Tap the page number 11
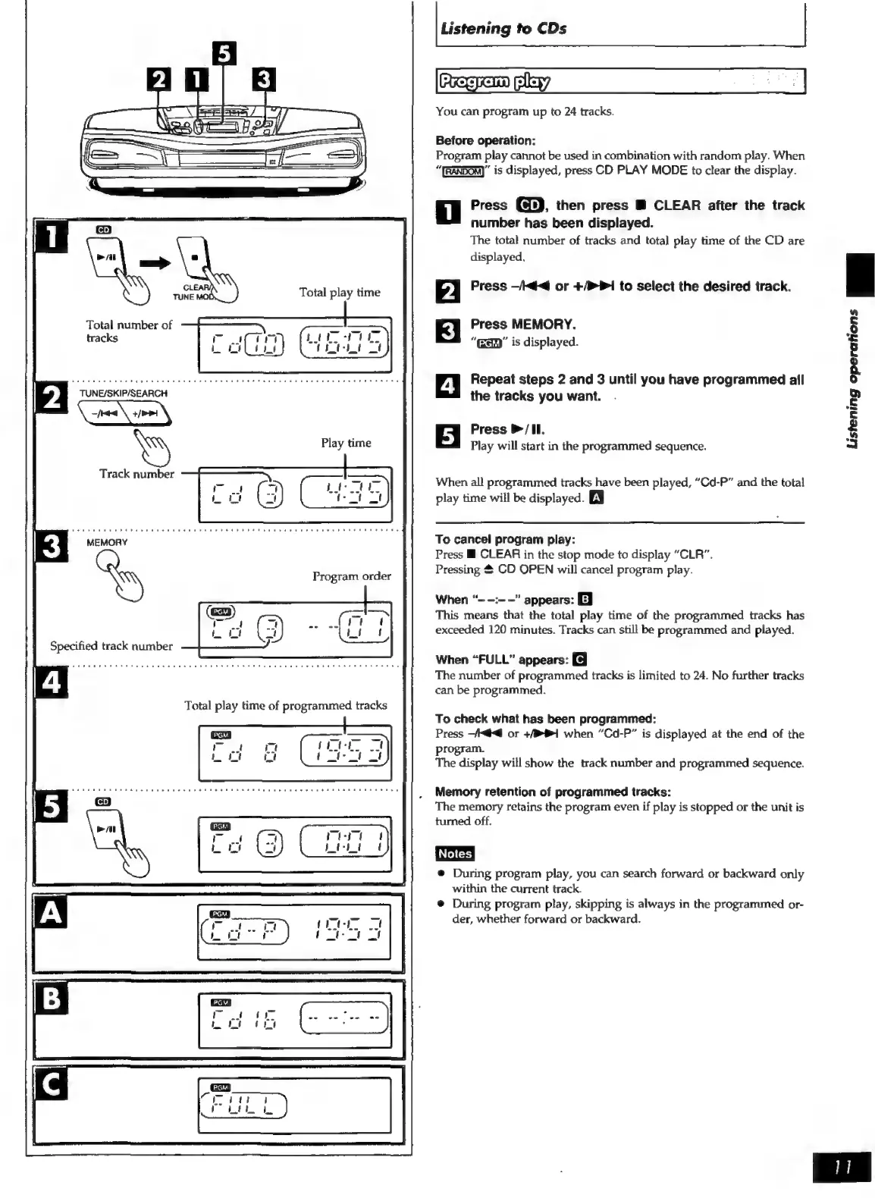(x=842, y=1168)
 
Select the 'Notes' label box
(x=455, y=853)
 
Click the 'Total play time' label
(x=340, y=292)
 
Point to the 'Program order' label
(x=352, y=576)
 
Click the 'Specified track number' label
(x=111, y=646)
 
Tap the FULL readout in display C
(x=242, y=1109)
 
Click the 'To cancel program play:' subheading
(x=505, y=539)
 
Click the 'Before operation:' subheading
(x=486, y=140)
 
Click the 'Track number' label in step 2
(x=136, y=474)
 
